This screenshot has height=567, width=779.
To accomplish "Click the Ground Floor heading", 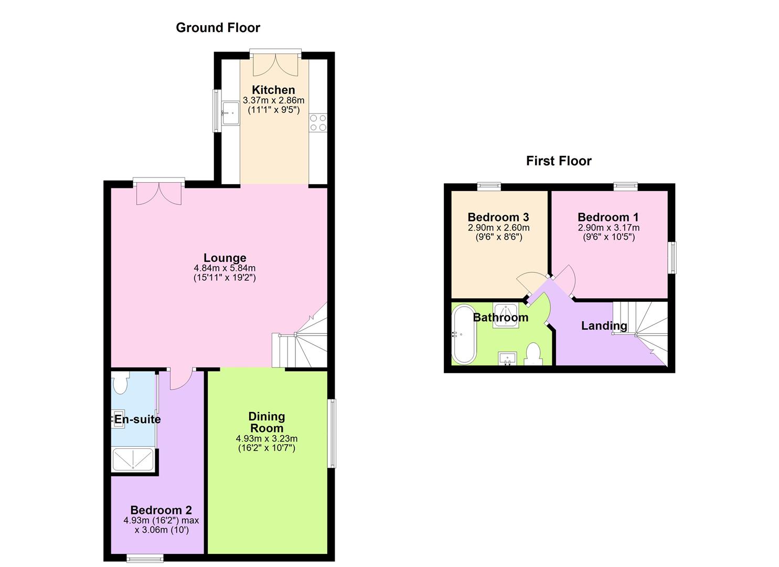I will pyautogui.click(x=218, y=28).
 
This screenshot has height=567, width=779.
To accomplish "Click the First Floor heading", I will pyautogui.click(x=559, y=161).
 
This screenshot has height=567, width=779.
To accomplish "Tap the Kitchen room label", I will pyautogui.click(x=273, y=90).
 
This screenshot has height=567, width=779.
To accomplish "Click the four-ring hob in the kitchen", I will pyautogui.click(x=318, y=122).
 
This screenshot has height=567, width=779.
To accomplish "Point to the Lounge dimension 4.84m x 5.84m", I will pyautogui.click(x=225, y=268).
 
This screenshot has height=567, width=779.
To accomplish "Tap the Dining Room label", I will pyautogui.click(x=266, y=422).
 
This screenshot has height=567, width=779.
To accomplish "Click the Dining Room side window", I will pyautogui.click(x=332, y=433).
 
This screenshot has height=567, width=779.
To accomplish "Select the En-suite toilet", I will pyautogui.click(x=120, y=383).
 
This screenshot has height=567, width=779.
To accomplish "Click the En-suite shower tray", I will pyautogui.click(x=133, y=459).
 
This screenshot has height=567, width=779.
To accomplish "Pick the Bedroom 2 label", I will pyautogui.click(x=161, y=510).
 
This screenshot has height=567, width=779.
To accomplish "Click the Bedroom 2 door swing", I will pyautogui.click(x=181, y=379).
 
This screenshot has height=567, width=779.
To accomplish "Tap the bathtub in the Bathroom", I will pyautogui.click(x=464, y=334).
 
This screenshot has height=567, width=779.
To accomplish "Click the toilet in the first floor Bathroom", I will pyautogui.click(x=533, y=354).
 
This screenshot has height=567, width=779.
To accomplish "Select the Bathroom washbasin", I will pyautogui.click(x=507, y=358).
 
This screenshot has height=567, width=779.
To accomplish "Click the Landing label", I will pyautogui.click(x=604, y=325).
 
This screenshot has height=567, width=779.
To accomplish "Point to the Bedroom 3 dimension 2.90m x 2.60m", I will pyautogui.click(x=498, y=228).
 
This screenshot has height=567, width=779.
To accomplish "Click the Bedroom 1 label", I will pyautogui.click(x=609, y=217).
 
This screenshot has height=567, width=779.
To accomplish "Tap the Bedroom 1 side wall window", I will pyautogui.click(x=672, y=257).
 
